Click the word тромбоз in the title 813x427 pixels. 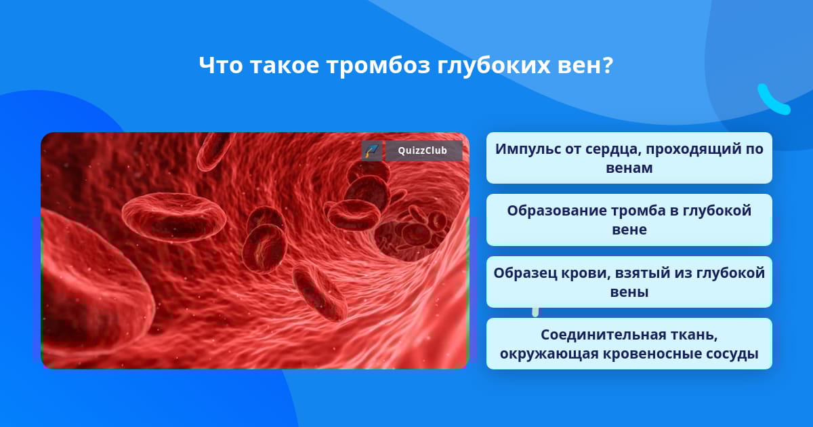378,66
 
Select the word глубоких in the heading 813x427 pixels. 494,66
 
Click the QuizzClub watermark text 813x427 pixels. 422,150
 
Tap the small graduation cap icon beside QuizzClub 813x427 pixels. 372,150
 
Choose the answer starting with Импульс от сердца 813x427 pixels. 629,158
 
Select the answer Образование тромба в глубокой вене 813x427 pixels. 629,220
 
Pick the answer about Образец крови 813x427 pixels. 629,282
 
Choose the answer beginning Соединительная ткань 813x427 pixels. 629,344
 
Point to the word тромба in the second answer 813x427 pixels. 638,211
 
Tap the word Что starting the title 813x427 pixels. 221,66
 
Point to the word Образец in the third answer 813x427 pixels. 525,273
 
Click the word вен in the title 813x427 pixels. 576,66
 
